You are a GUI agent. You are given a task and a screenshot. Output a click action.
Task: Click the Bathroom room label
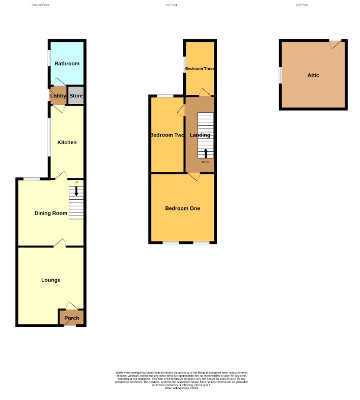(x=67, y=64)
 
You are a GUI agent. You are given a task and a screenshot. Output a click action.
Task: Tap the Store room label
(x=76, y=96)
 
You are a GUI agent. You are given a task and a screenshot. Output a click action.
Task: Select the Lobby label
(x=58, y=96)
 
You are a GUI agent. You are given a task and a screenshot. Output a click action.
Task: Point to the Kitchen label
(x=67, y=142)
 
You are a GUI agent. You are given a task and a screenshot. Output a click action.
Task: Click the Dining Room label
(x=50, y=213)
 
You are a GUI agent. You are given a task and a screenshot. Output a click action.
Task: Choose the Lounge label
(x=51, y=280)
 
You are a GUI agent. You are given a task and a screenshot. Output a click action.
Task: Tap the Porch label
(x=72, y=318)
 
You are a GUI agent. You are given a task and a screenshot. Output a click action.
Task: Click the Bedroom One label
(x=182, y=208)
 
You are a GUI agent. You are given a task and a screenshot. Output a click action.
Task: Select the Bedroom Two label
(x=167, y=135)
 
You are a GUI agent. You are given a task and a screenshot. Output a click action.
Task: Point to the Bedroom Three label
(x=200, y=69)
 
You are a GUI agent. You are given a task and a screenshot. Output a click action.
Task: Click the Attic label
(x=313, y=75)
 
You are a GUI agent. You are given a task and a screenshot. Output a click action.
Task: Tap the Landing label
(x=200, y=135)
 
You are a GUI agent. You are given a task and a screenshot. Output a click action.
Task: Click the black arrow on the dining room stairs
(x=76, y=191)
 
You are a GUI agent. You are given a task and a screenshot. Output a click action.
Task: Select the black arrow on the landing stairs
(x=206, y=153)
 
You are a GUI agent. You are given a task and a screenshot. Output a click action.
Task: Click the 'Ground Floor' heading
(x=40, y=5)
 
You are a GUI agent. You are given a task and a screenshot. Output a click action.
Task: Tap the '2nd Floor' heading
(x=302, y=5)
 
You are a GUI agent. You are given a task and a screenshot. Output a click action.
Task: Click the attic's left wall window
(x=280, y=74)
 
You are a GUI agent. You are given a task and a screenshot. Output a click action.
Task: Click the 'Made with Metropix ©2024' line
(x=181, y=388)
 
